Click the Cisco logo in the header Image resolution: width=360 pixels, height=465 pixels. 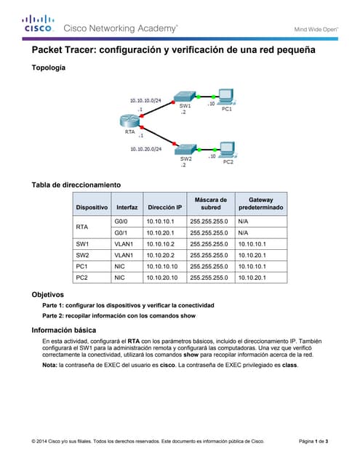coord(38,23)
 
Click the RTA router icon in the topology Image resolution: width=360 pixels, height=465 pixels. coord(129,121)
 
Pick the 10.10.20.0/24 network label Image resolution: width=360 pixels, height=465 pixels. coord(146,148)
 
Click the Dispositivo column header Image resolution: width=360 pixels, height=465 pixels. coord(92,207)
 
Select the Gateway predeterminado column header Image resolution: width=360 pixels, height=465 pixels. coord(260,203)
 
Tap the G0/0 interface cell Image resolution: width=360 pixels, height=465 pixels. coord(121,220)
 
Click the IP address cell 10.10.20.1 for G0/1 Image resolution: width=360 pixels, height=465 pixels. coord(161,232)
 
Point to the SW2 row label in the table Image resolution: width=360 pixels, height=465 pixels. coord(82,255)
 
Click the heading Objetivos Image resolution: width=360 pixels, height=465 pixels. coord(48,294)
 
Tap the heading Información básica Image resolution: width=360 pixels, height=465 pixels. coord(64,329)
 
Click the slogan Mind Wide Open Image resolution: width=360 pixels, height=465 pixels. coord(316,29)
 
